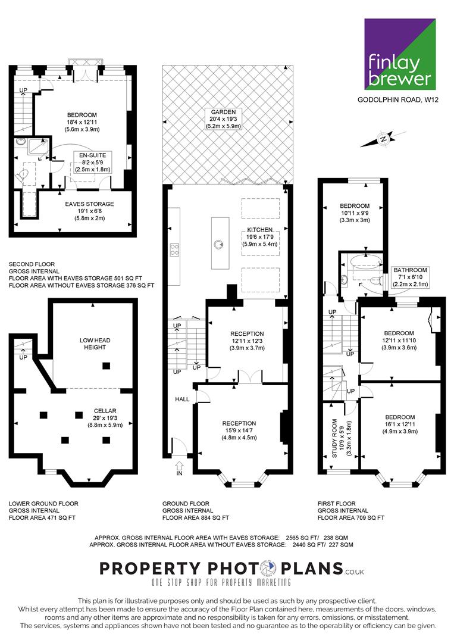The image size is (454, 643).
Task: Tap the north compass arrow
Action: [x=383, y=139]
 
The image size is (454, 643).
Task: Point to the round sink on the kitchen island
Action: [x=218, y=245]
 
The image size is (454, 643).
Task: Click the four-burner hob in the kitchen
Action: [x=174, y=249]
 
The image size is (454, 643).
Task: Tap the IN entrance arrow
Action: [x=179, y=468]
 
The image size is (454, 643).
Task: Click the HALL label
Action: [x=182, y=399]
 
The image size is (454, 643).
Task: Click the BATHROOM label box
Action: [x=411, y=277]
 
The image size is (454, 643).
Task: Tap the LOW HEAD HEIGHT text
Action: [x=95, y=344]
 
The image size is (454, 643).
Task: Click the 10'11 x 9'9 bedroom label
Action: [x=355, y=213]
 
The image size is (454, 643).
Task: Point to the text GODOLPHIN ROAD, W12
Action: [x=398, y=99]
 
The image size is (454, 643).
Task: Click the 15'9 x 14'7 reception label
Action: [x=239, y=430]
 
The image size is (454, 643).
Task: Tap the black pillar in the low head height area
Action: [x=106, y=366]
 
